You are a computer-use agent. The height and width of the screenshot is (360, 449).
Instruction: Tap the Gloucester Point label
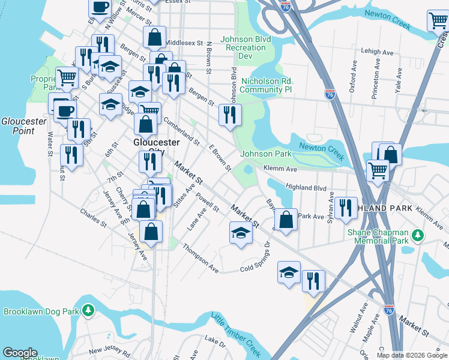coord(24,125)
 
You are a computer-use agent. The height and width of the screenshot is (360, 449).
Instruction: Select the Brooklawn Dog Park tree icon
coord(88,310)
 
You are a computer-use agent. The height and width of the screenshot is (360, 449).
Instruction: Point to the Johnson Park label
coord(266,154)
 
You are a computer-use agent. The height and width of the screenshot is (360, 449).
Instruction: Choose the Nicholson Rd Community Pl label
coord(266,85)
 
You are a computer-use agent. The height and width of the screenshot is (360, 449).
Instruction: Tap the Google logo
coord(20,353)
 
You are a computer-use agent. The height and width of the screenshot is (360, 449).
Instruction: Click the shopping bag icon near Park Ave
coord(288,219)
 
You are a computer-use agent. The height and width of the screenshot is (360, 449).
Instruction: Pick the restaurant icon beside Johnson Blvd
coord(230,115)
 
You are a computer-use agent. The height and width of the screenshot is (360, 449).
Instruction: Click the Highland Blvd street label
coord(306,187)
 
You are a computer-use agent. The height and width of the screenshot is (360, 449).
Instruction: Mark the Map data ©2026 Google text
coord(412,355)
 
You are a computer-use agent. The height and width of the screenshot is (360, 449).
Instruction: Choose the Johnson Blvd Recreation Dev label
coord(246,47)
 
